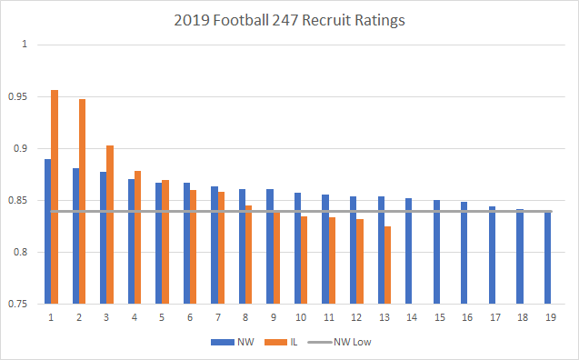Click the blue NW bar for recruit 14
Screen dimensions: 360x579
tap(408, 251)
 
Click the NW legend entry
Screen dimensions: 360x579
tap(229, 342)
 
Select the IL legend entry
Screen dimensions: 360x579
tap(279, 342)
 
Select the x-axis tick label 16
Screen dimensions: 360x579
tap(464, 318)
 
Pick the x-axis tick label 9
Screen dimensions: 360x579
tap(271, 318)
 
